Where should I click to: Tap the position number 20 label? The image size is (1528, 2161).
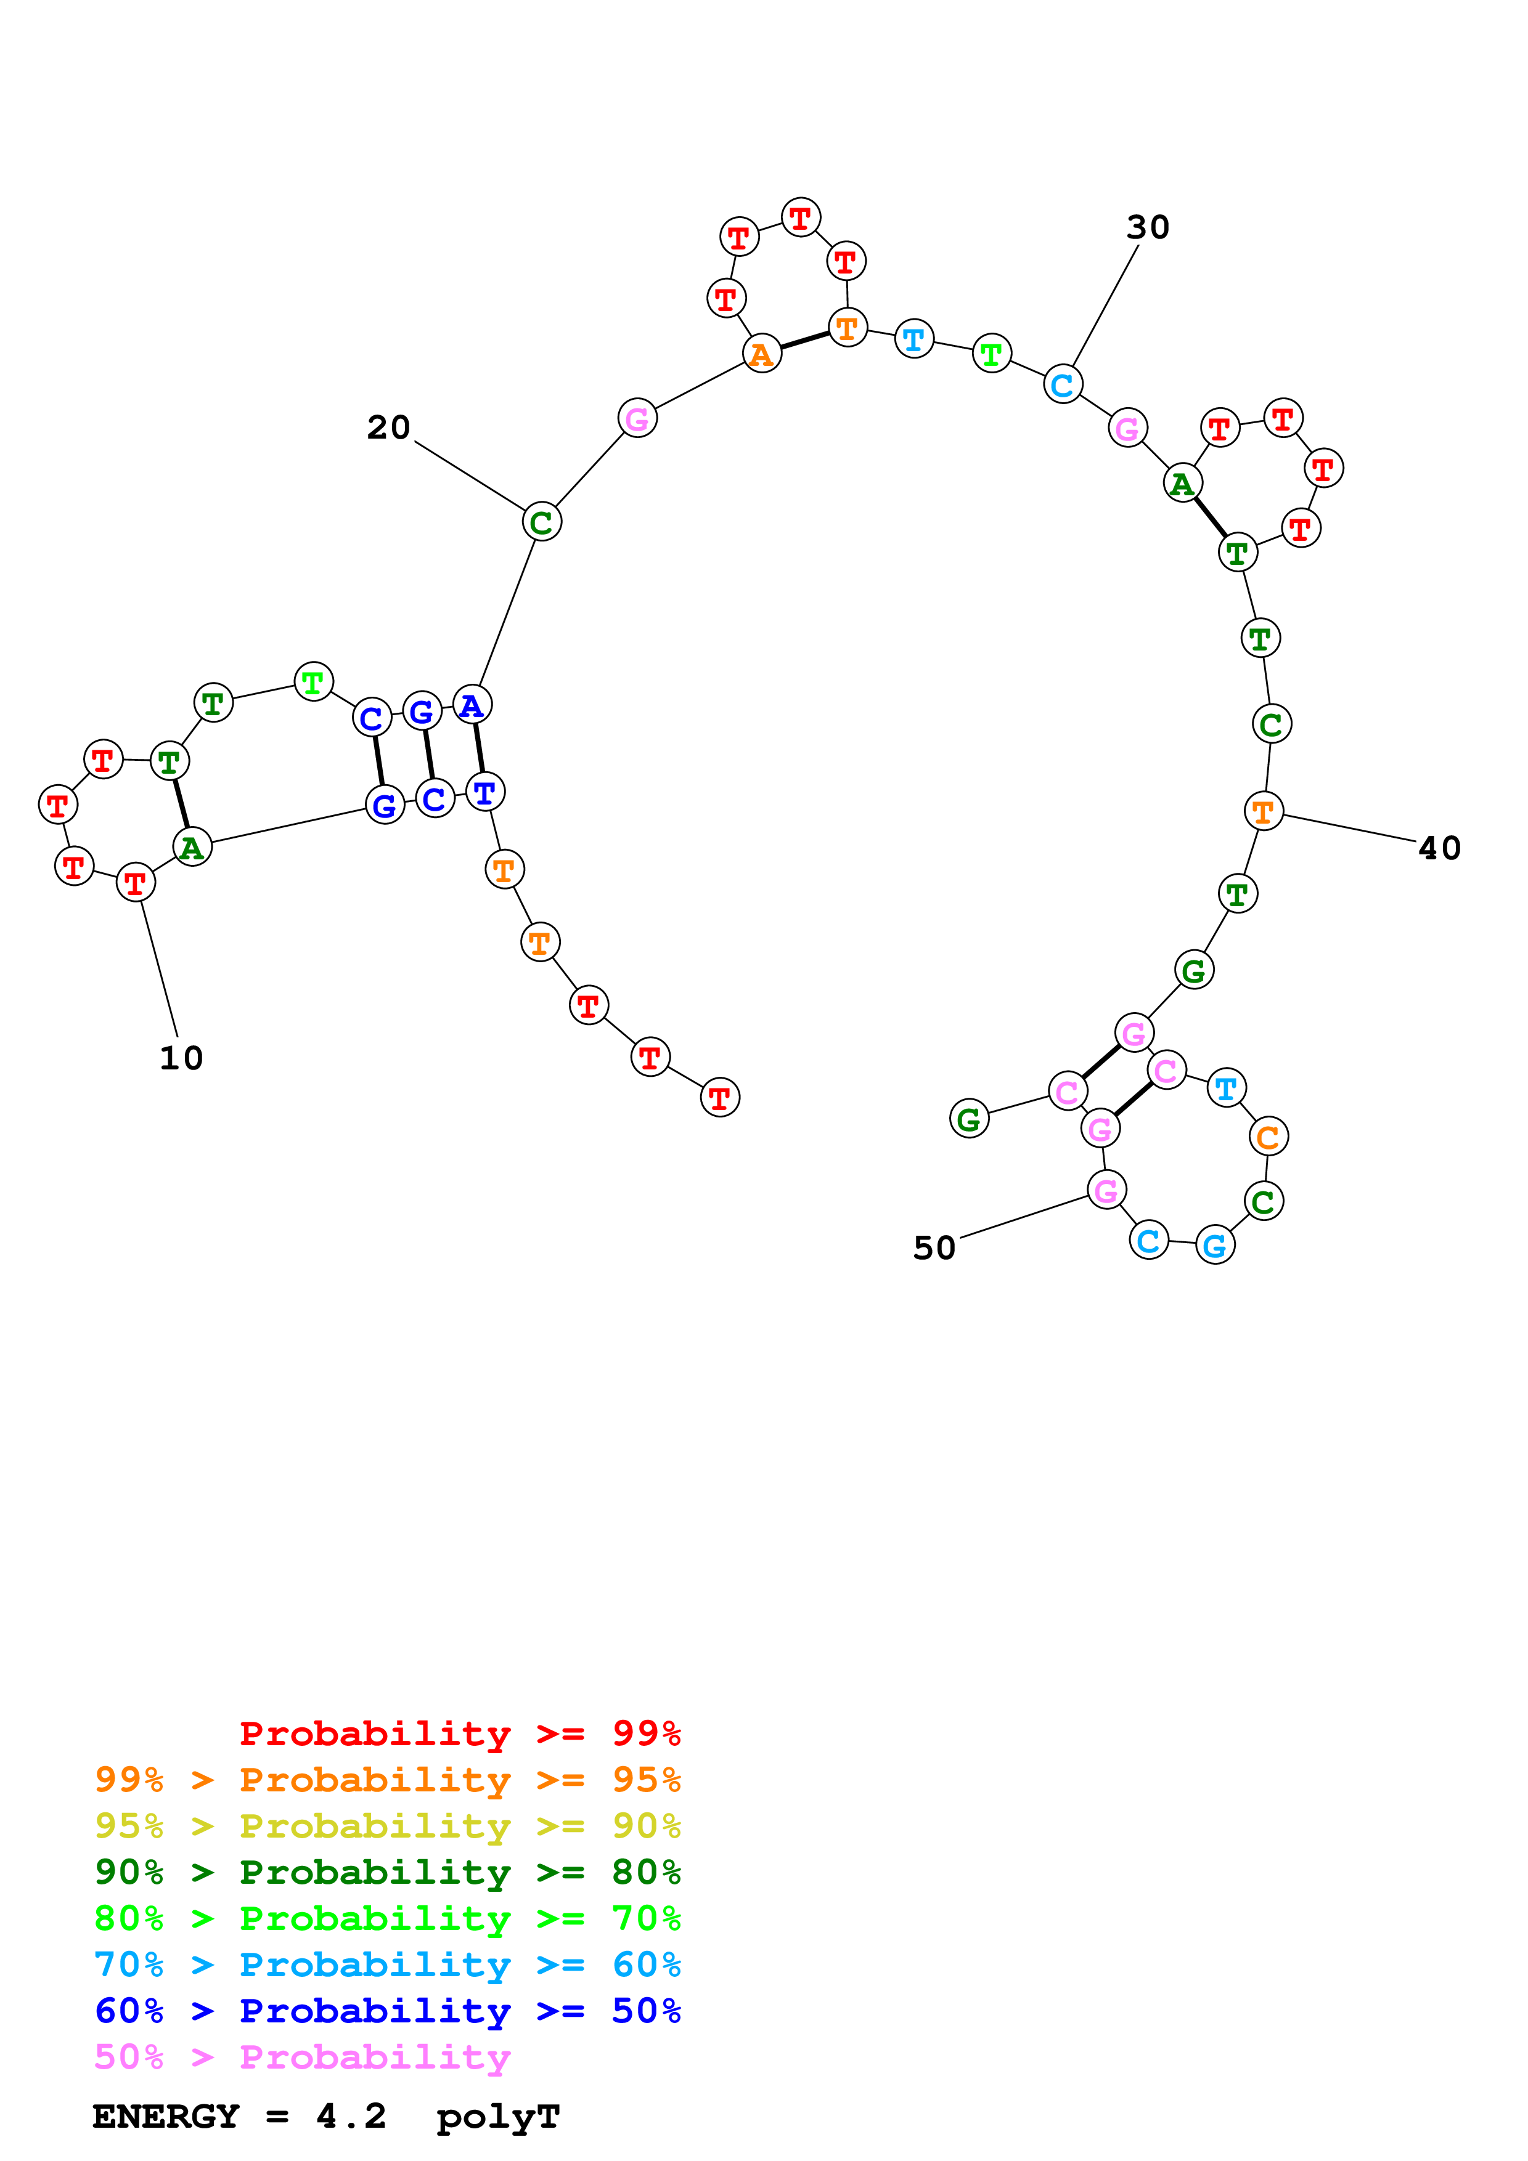click(389, 428)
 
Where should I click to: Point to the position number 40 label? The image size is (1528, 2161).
click(1439, 848)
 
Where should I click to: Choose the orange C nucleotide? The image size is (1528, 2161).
click(1268, 1137)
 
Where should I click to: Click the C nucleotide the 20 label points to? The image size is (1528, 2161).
click(541, 522)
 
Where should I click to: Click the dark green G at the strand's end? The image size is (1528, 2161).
click(969, 1119)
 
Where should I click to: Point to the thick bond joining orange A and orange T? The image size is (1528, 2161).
click(805, 340)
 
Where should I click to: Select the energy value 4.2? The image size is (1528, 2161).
click(351, 2116)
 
